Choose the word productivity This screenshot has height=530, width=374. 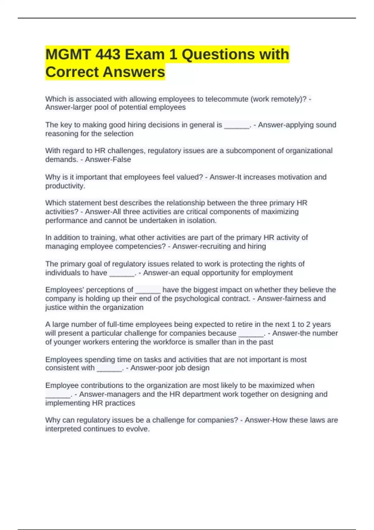tap(65, 186)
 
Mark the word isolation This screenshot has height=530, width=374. tap(201, 220)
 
